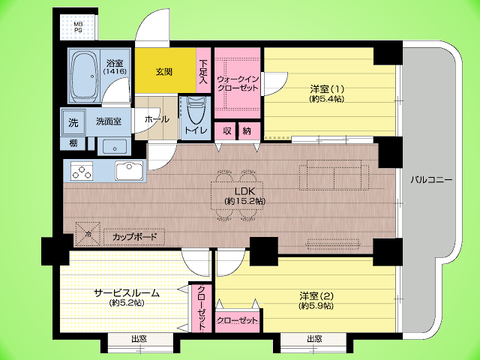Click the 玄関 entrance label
(x=162, y=72)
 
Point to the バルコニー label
(x=432, y=180)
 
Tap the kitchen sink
(x=128, y=171)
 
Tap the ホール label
(x=158, y=117)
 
